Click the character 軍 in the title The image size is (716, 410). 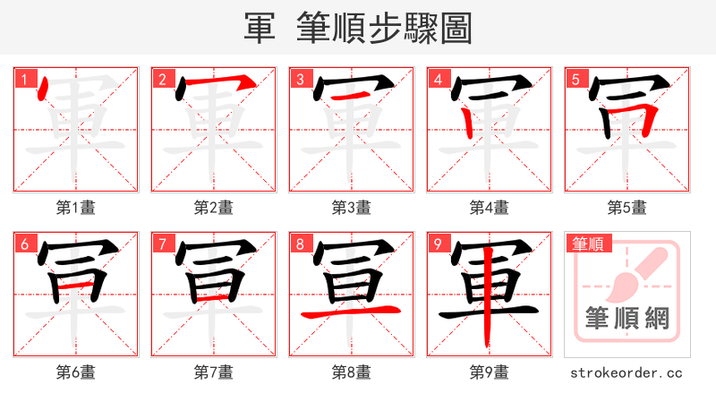click(260, 29)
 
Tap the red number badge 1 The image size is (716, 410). click(24, 80)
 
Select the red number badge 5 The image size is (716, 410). click(575, 80)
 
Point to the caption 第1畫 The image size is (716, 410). click(76, 208)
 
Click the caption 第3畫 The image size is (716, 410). click(352, 208)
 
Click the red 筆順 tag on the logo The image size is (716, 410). click(587, 243)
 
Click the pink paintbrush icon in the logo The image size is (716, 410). click(638, 272)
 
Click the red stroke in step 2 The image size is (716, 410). click(215, 85)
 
